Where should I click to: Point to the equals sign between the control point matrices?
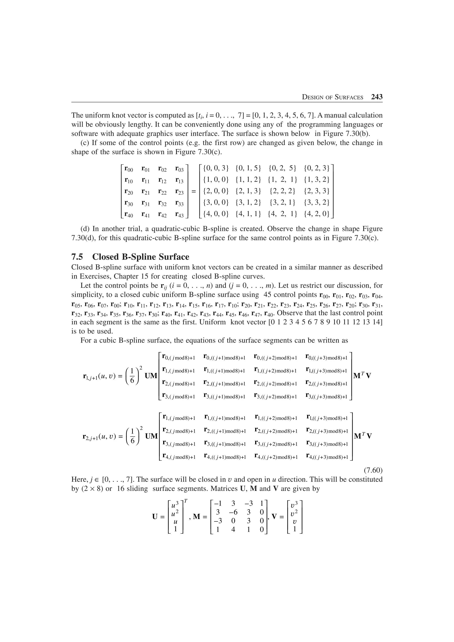coord(193,192)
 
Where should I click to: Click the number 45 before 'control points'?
coord(268,295)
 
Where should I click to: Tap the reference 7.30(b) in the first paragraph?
coord(357,133)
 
